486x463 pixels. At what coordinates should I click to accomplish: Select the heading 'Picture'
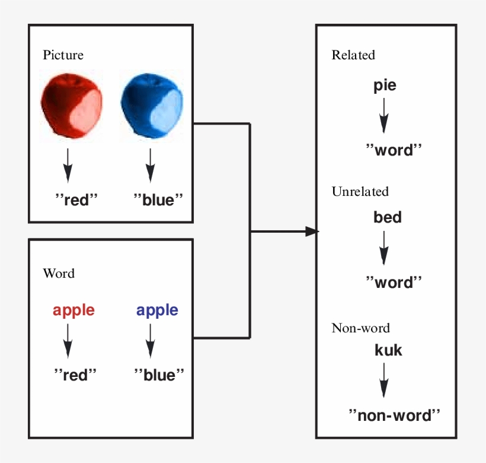63,55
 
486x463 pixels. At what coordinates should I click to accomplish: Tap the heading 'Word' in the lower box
59,274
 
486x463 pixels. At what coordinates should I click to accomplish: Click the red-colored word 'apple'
73,310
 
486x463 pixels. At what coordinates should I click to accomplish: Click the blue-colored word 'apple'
157,310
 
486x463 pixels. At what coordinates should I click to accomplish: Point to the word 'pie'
385,85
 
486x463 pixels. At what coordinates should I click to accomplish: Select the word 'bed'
388,217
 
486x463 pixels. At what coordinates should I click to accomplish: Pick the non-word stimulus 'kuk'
388,350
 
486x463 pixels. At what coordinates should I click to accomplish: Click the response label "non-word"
395,415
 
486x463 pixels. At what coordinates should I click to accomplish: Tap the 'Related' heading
353,55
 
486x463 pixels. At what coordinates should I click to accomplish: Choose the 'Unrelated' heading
360,192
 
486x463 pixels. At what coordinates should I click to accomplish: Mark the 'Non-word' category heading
361,328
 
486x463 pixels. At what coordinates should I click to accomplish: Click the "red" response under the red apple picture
75,199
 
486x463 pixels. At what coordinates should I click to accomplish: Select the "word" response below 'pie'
393,150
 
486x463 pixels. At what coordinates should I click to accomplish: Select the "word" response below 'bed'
393,282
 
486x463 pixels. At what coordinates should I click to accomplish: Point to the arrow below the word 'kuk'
384,380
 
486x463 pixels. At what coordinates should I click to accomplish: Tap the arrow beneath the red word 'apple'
68,341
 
